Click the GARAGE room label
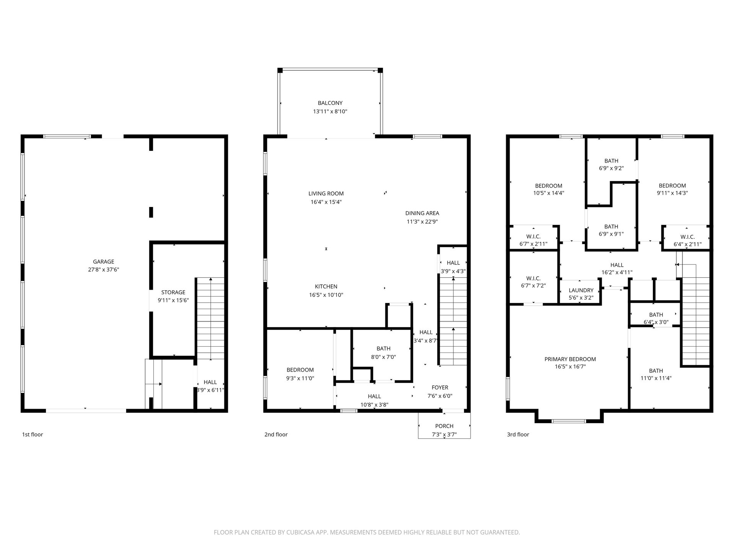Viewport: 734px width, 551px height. point(104,262)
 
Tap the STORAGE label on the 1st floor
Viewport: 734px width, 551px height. point(173,292)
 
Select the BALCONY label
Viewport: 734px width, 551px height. point(330,103)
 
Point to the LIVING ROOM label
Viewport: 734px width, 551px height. point(326,194)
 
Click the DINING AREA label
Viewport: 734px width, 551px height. point(422,213)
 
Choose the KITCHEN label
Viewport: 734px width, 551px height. point(326,287)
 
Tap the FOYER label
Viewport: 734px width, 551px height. point(440,388)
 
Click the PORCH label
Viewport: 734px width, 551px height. point(444,426)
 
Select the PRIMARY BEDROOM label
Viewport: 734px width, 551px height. point(570,359)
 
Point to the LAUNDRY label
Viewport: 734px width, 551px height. point(581,290)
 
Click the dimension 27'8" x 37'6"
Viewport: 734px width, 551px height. point(104,269)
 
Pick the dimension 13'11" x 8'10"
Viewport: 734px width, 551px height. point(330,111)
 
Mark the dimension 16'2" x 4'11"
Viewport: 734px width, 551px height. point(617,272)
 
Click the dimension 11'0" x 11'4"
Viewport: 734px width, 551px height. point(656,378)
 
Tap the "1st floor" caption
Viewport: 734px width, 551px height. point(32,434)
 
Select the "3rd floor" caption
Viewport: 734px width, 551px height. point(518,434)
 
